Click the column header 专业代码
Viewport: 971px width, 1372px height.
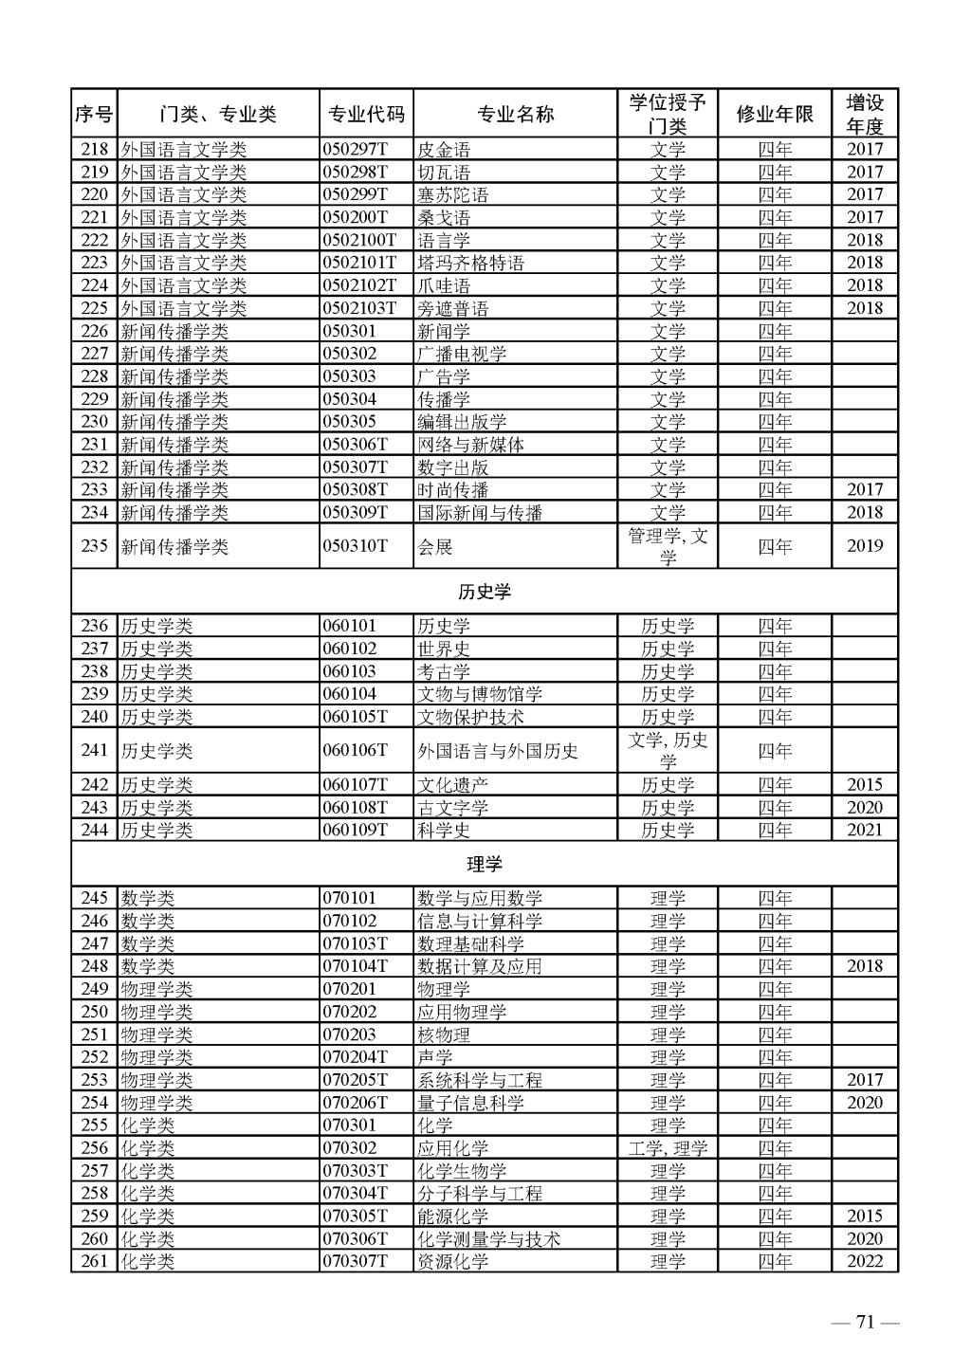(x=366, y=115)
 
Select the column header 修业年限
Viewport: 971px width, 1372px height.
(x=775, y=115)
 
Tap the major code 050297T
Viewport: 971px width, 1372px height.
(x=356, y=149)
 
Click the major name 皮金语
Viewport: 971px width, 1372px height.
(x=444, y=150)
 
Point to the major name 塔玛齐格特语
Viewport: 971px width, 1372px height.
(x=471, y=263)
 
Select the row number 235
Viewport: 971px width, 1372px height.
(x=94, y=546)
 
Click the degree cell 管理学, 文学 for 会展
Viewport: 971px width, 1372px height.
(x=668, y=546)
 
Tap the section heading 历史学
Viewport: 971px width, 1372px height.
(x=484, y=592)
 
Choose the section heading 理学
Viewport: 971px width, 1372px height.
(x=484, y=864)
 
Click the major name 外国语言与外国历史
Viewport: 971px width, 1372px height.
(x=498, y=751)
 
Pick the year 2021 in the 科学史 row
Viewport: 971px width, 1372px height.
(x=865, y=830)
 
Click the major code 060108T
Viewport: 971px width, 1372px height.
(x=356, y=807)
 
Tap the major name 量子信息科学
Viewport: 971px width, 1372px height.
(x=471, y=1103)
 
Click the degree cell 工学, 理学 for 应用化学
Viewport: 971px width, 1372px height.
(x=668, y=1148)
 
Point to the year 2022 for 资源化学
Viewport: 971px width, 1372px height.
(x=865, y=1261)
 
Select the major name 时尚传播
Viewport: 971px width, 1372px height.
(x=453, y=490)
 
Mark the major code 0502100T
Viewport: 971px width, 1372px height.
(x=359, y=240)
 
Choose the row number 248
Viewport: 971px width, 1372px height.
(x=94, y=966)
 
